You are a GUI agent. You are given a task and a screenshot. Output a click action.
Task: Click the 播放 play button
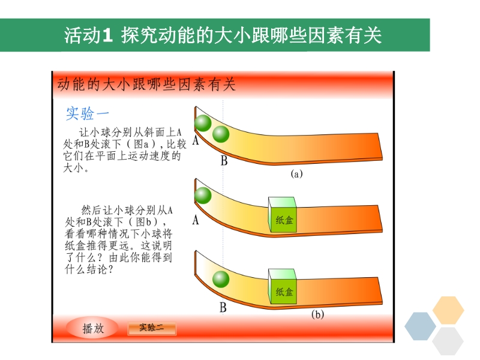tap(92, 328)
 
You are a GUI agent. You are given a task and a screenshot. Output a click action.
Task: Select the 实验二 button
tap(152, 328)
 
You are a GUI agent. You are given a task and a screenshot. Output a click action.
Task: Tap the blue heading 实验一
tap(87, 113)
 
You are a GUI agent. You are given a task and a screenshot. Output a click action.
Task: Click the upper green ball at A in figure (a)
tap(203, 123)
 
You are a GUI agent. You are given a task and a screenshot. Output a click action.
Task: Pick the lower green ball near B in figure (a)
tap(221, 134)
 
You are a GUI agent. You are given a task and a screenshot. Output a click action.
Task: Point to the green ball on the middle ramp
tap(203, 196)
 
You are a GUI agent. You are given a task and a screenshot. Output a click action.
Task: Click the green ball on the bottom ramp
tap(221, 279)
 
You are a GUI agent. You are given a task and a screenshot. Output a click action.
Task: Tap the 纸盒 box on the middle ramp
tap(282, 215)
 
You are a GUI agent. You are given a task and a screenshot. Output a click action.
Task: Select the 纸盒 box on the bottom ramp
tap(282, 287)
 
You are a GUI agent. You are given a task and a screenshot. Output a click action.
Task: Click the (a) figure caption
tap(296, 174)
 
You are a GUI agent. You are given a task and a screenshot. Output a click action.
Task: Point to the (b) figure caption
tap(318, 314)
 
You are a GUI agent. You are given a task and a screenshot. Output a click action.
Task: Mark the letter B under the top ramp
tap(224, 161)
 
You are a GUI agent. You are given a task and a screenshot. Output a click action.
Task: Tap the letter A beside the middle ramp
tap(196, 220)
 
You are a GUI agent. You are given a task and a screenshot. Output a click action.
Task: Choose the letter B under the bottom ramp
tap(223, 307)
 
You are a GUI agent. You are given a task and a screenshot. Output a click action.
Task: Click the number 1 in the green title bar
tap(107, 35)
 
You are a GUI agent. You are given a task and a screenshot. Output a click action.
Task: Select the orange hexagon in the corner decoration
tap(448, 310)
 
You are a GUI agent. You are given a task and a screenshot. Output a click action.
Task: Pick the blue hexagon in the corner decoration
tap(421, 326)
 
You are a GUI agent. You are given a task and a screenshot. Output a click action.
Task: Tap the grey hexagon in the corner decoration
tap(448, 341)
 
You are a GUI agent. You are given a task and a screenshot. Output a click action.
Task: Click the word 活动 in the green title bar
tap(82, 35)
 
